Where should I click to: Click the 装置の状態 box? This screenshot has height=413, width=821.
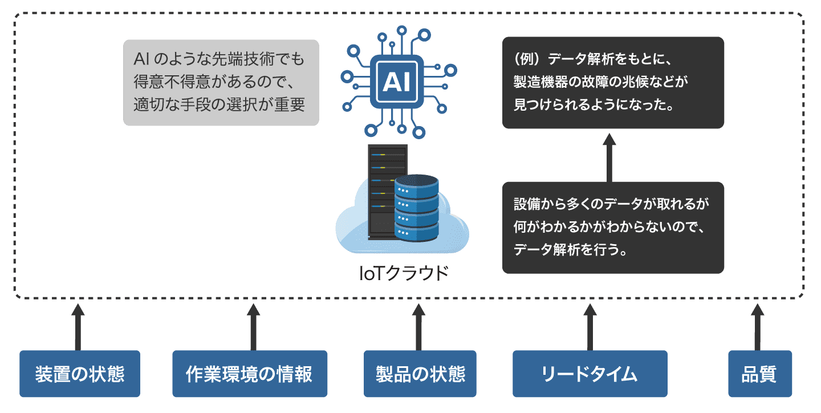[x=80, y=374]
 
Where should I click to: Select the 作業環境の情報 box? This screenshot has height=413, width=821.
[x=250, y=374]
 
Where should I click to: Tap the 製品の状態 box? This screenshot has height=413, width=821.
[x=420, y=374]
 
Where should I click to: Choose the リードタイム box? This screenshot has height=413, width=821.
[x=590, y=374]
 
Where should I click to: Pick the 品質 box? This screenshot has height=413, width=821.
[x=759, y=374]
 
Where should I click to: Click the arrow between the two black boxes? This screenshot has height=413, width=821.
[x=609, y=157]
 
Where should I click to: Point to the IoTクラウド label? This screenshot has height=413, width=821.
[x=403, y=273]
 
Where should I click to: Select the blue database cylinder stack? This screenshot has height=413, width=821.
[x=416, y=208]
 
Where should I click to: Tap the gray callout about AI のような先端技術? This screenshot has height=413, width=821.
[x=221, y=82]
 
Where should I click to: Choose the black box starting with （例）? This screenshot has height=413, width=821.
[x=613, y=83]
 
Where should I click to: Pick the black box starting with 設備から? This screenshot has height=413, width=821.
[x=613, y=227]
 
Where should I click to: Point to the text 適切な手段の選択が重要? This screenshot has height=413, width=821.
[x=220, y=105]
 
